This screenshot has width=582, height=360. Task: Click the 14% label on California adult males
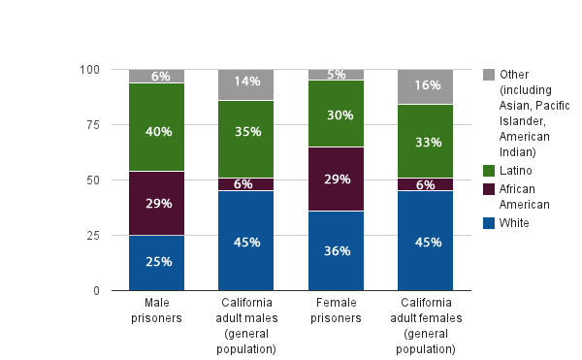click(246, 82)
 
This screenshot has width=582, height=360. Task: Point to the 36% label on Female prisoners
click(337, 250)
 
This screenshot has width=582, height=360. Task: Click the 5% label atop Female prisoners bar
click(337, 75)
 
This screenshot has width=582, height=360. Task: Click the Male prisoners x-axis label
click(157, 311)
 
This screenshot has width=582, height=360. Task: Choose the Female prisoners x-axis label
click(337, 311)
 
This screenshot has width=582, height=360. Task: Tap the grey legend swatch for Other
click(489, 75)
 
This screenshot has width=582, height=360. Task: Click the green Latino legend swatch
click(489, 171)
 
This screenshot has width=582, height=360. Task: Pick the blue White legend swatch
click(489, 223)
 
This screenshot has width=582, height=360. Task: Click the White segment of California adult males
click(246, 241)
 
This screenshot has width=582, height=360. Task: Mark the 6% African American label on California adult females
click(426, 184)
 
